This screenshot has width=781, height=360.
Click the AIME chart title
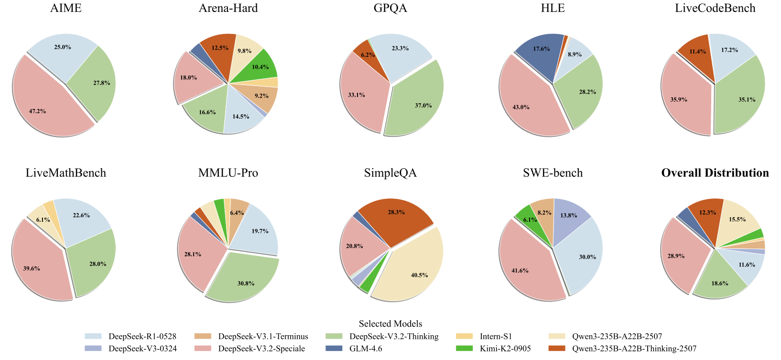pyautogui.click(x=66, y=8)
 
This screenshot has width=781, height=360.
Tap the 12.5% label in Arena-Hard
pyautogui.click(x=219, y=48)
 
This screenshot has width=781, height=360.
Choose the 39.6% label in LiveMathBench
pyautogui.click(x=32, y=269)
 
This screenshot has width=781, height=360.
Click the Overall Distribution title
pyautogui.click(x=715, y=173)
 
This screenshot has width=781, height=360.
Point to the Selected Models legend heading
pyautogui.click(x=390, y=324)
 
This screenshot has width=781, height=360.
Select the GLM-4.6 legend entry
pyautogui.click(x=366, y=349)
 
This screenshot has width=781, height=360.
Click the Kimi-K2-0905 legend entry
pyautogui.click(x=505, y=349)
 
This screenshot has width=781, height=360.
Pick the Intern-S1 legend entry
pyautogui.click(x=496, y=337)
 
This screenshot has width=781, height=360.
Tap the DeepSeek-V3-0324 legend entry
pyautogui.click(x=142, y=349)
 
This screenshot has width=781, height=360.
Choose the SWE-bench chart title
pyautogui.click(x=553, y=173)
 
